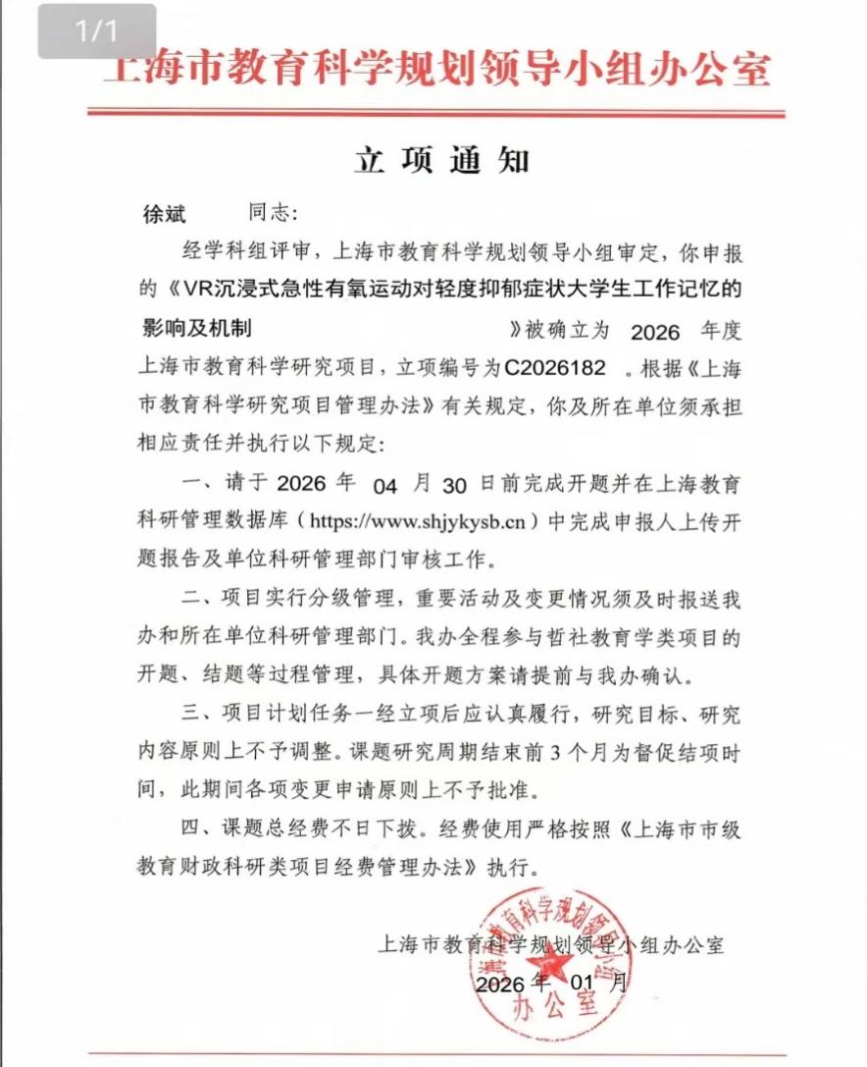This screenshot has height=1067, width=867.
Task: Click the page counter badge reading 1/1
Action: click(97, 31)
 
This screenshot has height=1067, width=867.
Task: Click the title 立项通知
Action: click(441, 161)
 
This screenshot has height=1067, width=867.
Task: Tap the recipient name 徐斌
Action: click(165, 214)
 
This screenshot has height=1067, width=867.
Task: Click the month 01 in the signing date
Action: click(583, 983)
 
